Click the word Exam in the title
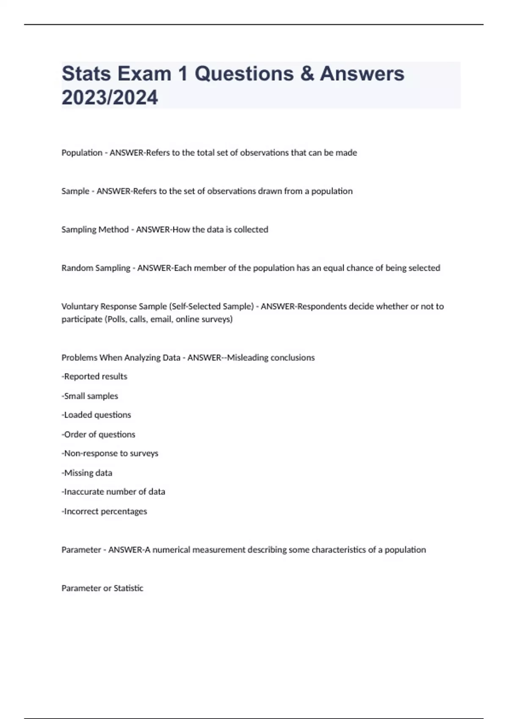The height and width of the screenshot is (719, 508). coord(144,74)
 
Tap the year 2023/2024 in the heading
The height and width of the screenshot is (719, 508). coord(110,97)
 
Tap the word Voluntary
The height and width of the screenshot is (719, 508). coord(80,306)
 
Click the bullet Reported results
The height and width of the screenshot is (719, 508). coord(95,376)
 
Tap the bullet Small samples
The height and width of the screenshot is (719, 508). coord(90,396)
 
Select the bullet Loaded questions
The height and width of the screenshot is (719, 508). coord(97,415)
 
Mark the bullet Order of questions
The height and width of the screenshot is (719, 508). coord(99,434)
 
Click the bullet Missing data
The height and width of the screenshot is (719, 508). coord(87,473)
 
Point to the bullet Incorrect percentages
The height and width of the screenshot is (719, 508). coord(105,511)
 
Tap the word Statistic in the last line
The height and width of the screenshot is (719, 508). coord(128,588)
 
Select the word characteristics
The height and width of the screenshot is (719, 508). coord(338,550)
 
